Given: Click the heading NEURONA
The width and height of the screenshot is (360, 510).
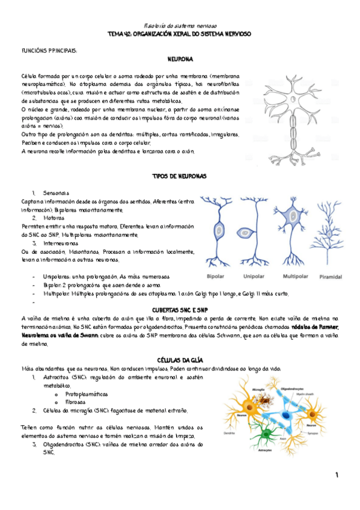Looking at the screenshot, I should coord(180,60).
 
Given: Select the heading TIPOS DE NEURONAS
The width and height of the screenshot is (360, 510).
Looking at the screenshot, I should coord(180,176).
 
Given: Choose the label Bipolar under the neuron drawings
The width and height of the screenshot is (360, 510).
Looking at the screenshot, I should coord(216,277).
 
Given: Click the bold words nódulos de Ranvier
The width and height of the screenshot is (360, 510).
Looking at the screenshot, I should coord(315,327).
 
